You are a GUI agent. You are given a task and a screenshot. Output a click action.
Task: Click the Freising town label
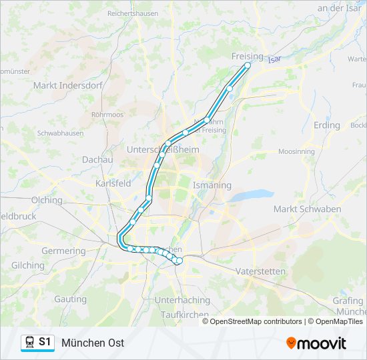247,56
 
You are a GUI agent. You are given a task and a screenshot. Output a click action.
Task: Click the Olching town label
47,200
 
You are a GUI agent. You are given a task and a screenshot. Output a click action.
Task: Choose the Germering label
64,251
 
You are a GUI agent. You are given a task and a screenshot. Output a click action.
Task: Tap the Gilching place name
27,265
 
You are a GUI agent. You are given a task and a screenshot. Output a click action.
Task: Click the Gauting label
71,299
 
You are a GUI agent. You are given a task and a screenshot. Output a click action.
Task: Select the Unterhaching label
182,300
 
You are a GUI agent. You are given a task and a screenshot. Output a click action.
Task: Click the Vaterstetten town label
260,271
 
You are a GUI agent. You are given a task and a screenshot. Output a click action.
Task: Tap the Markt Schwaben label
307,209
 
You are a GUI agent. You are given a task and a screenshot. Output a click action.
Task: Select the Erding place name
326,125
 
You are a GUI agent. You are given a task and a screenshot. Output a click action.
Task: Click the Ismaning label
212,185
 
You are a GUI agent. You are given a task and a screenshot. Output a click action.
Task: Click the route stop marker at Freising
248,65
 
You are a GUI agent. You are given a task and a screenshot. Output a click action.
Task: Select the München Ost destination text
93,343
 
